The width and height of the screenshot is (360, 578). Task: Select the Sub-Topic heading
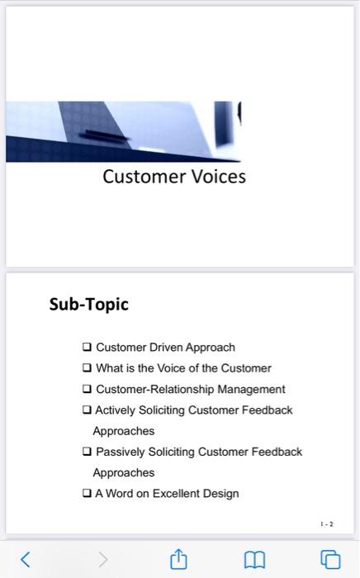[89, 304]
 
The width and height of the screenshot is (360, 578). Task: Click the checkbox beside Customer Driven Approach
[87, 348]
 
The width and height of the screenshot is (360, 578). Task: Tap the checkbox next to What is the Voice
[87, 368]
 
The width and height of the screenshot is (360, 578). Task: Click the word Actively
[116, 410]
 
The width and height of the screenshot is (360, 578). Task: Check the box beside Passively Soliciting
[87, 452]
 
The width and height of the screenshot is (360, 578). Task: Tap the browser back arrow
[25, 559]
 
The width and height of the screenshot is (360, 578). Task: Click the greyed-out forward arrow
[102, 559]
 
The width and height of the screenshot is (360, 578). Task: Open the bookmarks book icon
[254, 559]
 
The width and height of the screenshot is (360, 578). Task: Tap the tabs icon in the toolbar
[330, 559]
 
